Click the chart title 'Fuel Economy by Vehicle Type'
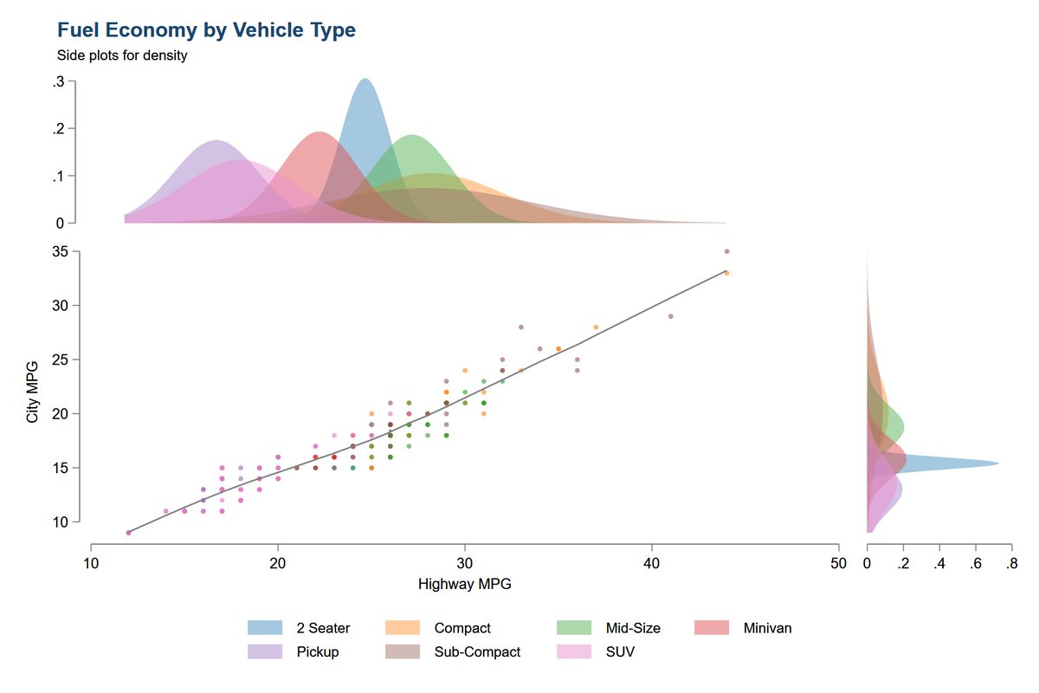(206, 30)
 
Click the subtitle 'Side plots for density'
(122, 56)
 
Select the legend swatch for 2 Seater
(266, 628)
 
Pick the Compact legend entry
(462, 628)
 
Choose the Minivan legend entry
(767, 628)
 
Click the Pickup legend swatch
(266, 651)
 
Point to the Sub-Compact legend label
(477, 651)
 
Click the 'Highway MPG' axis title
(465, 584)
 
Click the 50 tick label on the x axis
(838, 563)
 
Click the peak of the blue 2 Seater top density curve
(365, 80)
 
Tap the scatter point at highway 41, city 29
(671, 316)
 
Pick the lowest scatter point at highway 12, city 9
(128, 533)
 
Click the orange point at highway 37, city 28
(596, 327)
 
